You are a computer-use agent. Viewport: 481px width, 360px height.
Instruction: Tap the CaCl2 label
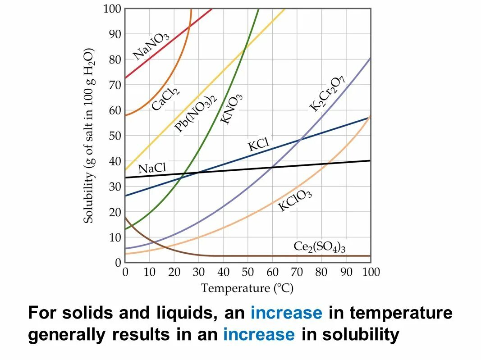coord(166,98)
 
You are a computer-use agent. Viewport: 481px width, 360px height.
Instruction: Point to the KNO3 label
coord(232,109)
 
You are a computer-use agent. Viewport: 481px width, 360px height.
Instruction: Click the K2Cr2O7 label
coord(327,94)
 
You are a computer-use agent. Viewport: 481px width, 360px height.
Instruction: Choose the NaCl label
coord(152,168)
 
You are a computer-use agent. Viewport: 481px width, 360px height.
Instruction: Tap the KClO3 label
coord(295,200)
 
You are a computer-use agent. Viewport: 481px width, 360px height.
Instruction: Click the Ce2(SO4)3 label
coord(319,246)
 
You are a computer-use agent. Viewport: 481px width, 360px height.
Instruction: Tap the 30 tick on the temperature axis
coord(198,272)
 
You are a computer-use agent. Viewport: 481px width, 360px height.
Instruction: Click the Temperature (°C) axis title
coord(247,288)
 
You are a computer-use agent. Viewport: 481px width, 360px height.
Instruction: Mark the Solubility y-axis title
coord(89,135)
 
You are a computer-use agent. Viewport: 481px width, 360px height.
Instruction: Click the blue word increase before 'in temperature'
coord(286,313)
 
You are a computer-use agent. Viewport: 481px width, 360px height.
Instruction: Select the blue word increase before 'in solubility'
coord(259,335)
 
